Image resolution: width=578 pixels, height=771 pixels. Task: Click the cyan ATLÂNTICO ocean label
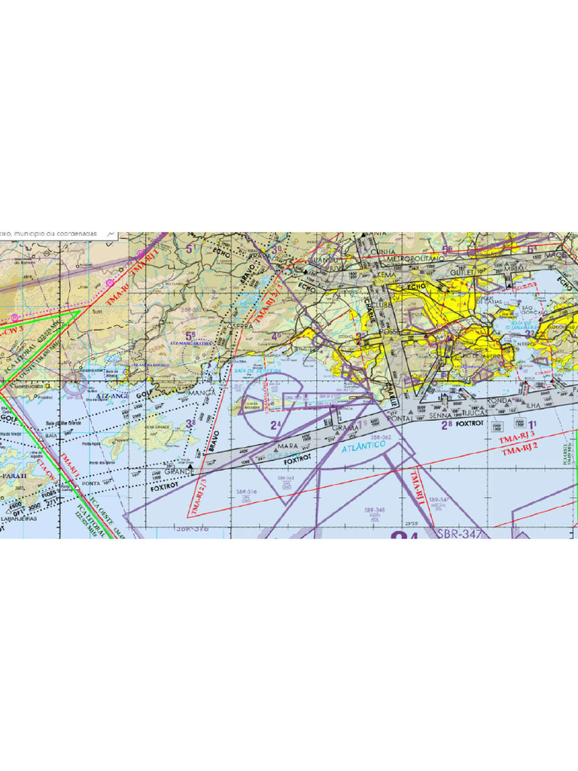click(364, 447)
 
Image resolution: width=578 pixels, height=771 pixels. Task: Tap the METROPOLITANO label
click(415, 258)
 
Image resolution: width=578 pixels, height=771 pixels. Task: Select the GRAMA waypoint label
click(345, 428)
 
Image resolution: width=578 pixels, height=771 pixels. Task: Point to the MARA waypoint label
click(266, 446)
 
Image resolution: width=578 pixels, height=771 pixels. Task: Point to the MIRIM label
click(515, 268)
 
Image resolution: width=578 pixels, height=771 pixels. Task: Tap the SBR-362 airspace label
click(381, 437)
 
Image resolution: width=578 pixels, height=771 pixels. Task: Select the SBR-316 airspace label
click(246, 492)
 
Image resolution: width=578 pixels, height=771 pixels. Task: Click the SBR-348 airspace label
click(374, 510)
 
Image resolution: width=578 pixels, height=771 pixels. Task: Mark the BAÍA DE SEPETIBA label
click(257, 371)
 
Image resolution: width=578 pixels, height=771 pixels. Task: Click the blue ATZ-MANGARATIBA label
click(190, 343)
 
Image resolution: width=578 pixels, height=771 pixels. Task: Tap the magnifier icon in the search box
click(111, 235)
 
